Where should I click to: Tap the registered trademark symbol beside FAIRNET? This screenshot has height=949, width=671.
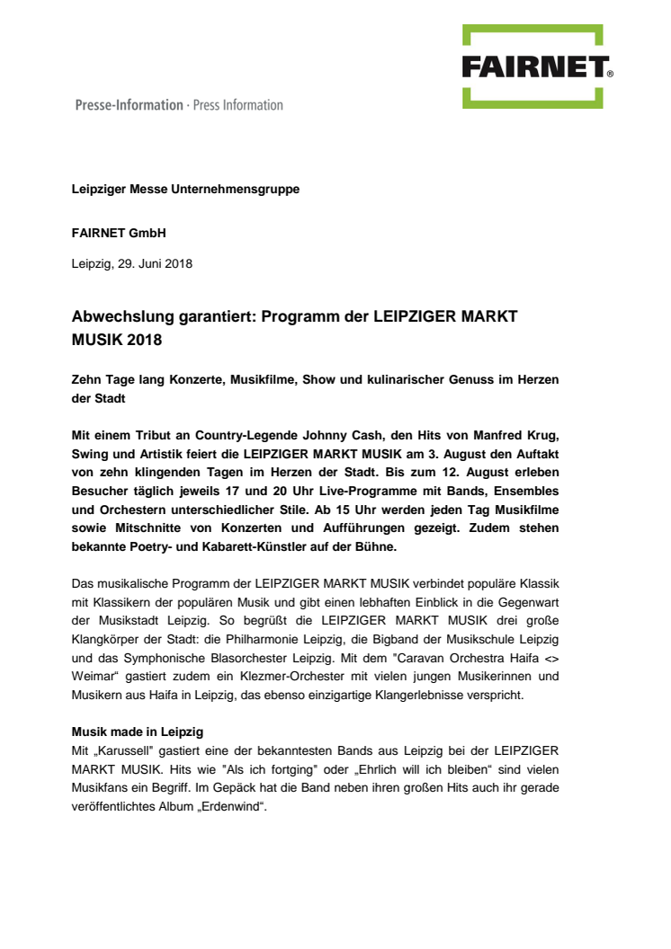(x=610, y=75)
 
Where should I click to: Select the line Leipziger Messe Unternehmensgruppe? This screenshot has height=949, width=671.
(x=185, y=190)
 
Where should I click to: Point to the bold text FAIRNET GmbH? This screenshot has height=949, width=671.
(x=119, y=233)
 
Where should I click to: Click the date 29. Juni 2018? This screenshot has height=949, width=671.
(x=153, y=264)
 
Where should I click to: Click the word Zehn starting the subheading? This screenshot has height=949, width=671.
(x=86, y=380)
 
